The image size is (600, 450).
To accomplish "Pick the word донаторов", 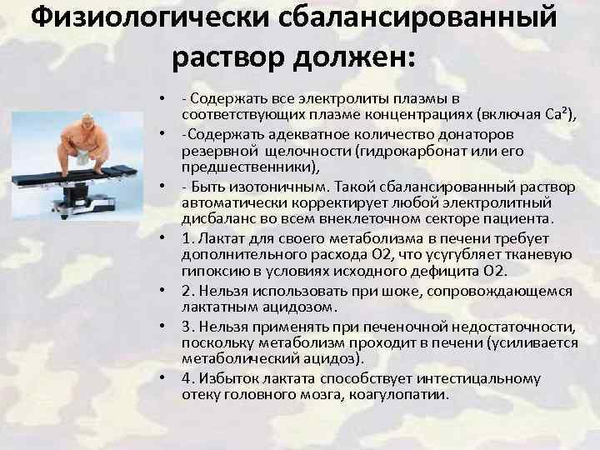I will (x=478, y=133).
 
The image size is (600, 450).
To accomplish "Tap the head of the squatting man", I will (x=82, y=126).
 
